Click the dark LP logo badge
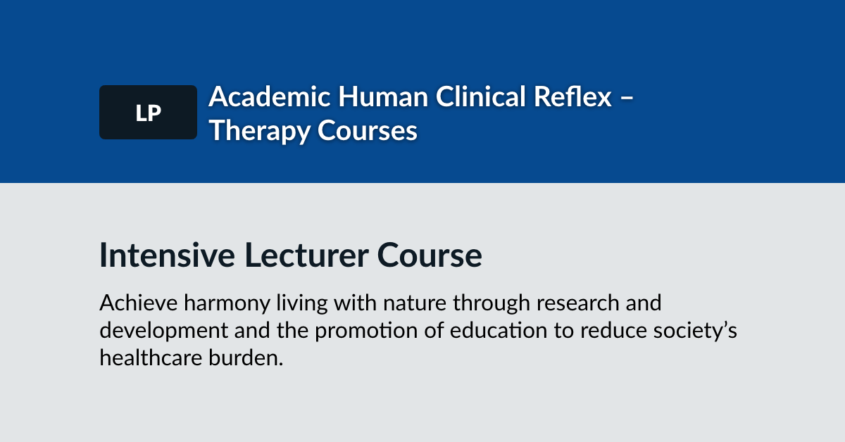point(149,113)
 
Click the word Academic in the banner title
point(270,96)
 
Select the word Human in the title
point(383,96)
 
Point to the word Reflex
point(572,96)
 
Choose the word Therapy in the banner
point(260,131)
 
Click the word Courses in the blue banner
point(368,131)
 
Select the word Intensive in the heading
point(167,255)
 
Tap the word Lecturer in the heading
point(306,255)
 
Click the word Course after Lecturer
point(430,255)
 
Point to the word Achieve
point(139,303)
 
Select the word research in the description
point(578,303)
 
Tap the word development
point(163,331)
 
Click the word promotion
point(366,331)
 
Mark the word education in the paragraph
point(499,330)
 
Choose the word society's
point(695,331)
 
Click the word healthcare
point(151,358)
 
